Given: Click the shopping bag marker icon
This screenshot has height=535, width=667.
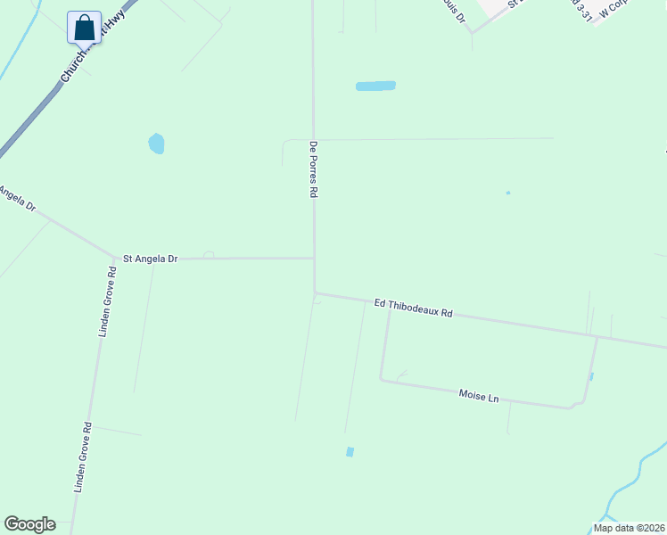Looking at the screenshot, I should click(84, 27).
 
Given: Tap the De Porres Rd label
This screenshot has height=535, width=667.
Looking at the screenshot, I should click(313, 168).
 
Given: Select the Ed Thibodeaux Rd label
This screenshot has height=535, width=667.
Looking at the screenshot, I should click(413, 309).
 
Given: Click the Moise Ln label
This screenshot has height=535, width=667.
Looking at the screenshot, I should click(478, 395).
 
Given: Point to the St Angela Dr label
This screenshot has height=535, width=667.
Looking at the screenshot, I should click(150, 259).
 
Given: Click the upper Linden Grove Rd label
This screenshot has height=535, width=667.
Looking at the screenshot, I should click(106, 300).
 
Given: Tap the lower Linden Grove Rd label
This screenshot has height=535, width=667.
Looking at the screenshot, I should click(83, 457).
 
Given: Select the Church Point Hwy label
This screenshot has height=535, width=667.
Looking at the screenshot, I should click(93, 50).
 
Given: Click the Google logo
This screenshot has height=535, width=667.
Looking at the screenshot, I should click(29, 524).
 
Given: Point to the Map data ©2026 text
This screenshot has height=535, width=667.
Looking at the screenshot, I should click(629, 528).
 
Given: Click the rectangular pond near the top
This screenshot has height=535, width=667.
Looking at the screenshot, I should click(375, 86).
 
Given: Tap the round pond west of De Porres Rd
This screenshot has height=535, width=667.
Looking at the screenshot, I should click(156, 143).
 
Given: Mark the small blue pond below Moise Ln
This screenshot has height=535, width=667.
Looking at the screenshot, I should click(350, 452).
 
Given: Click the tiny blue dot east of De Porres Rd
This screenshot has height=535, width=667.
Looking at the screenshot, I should click(508, 193).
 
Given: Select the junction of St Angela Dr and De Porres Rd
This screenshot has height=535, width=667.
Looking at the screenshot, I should click(313, 259).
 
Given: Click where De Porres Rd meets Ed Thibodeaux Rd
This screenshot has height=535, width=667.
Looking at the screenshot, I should click(315, 292).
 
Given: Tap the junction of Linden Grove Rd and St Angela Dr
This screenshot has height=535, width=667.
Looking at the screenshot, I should click(115, 259).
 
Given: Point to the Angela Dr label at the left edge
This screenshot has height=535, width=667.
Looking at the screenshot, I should click(16, 199).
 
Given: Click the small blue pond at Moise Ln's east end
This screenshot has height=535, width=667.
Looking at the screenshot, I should click(591, 376).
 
